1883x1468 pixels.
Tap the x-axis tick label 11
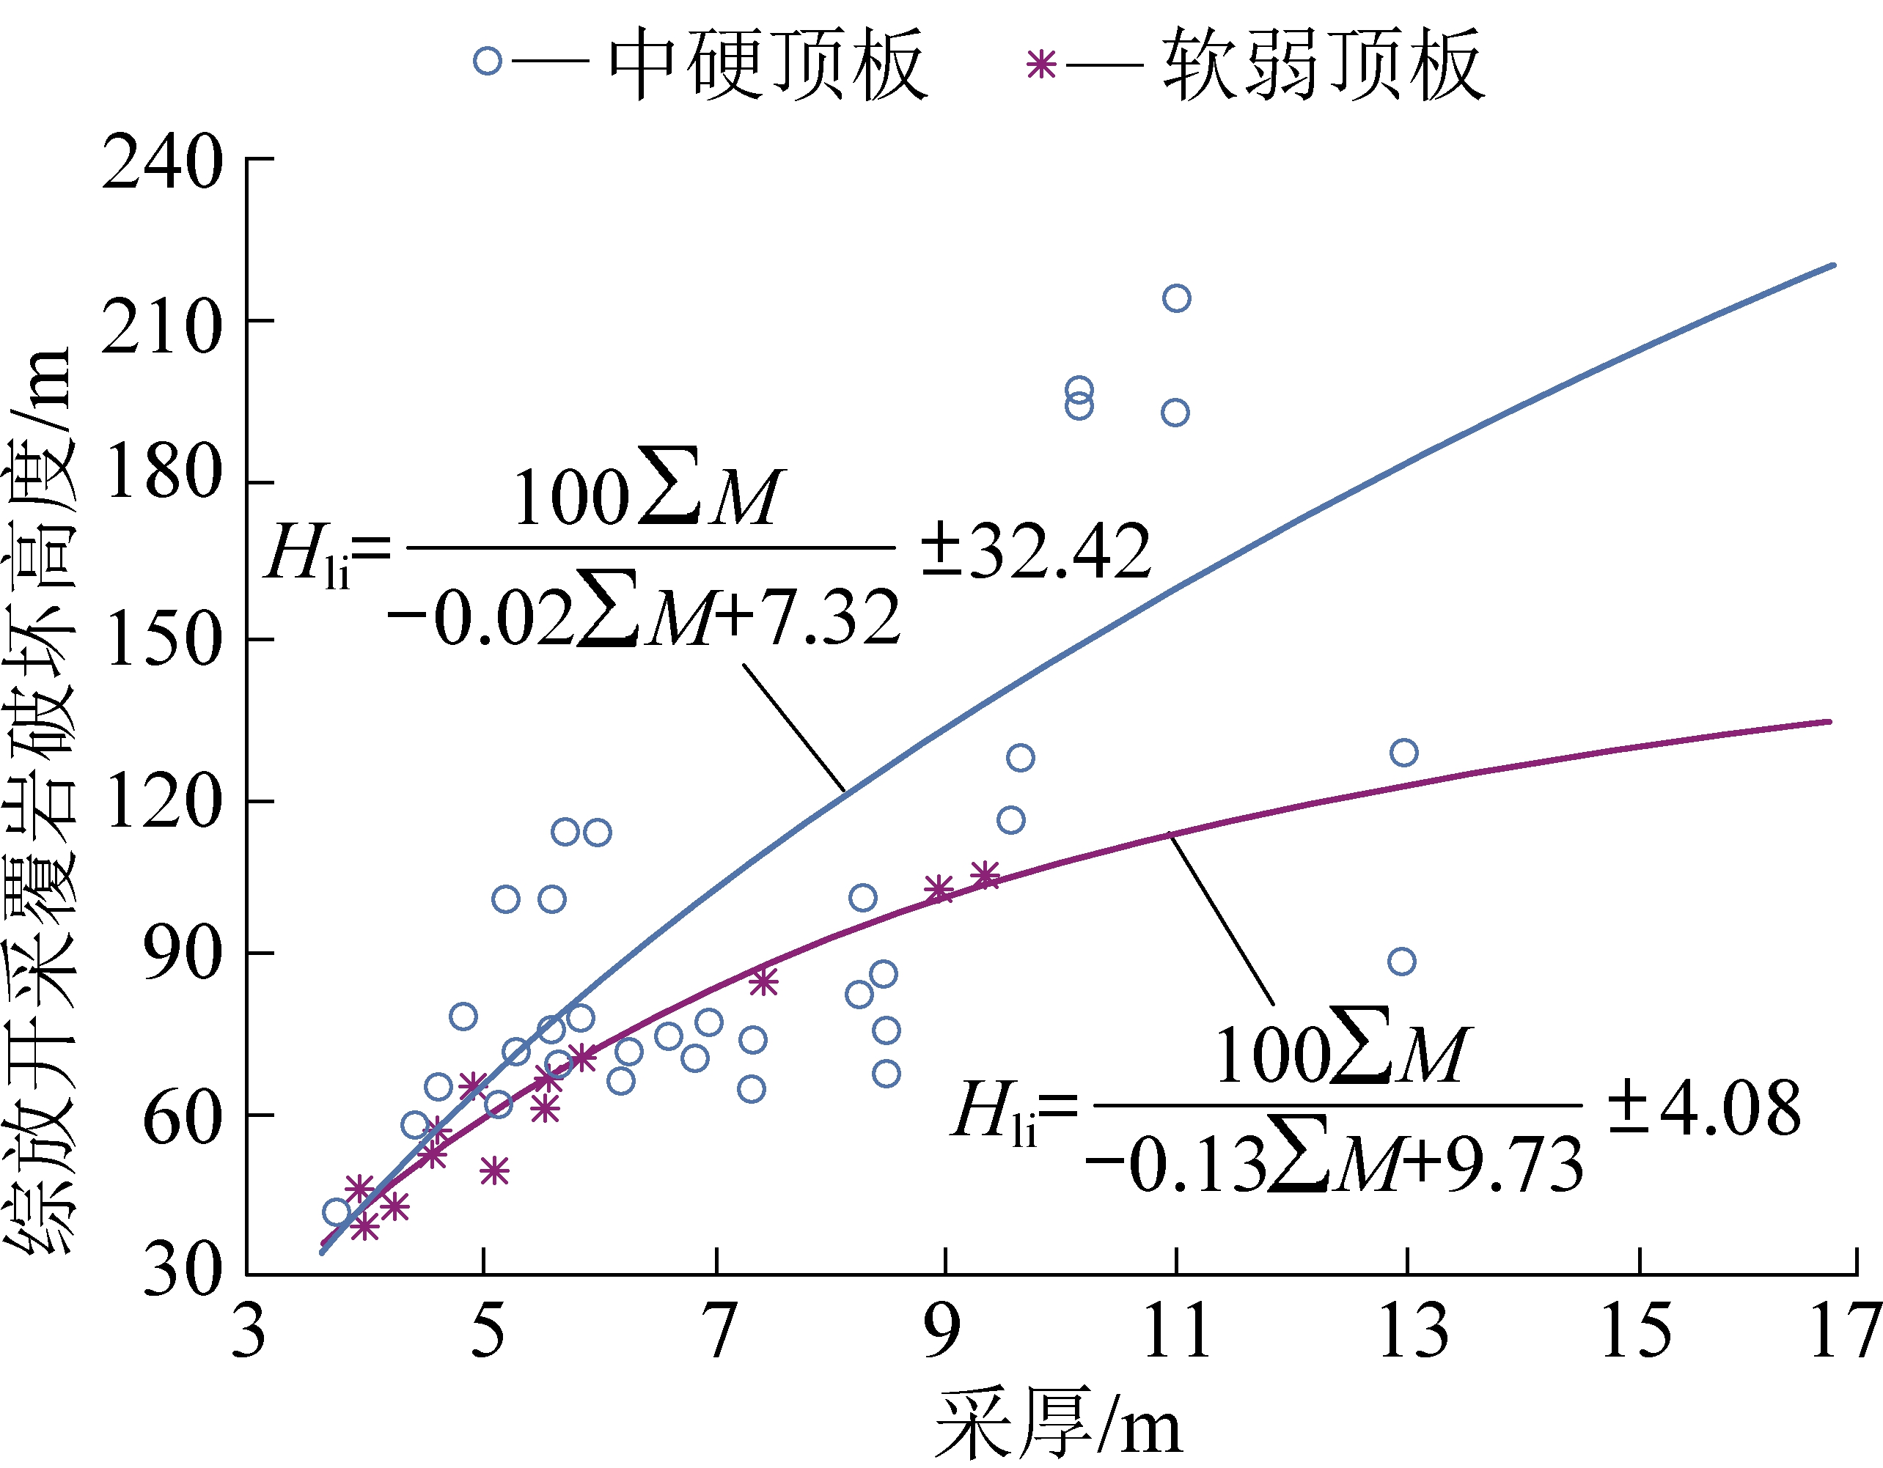(x=1176, y=1332)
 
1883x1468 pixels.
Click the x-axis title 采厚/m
(x=1058, y=1423)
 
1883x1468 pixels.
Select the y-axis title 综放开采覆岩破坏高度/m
(x=39, y=802)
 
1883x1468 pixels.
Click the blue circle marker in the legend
(x=487, y=62)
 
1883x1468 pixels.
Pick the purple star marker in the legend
(x=1041, y=64)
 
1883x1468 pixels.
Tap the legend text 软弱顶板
(x=1324, y=64)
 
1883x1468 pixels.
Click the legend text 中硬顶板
(x=767, y=64)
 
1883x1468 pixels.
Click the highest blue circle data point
(x=1176, y=298)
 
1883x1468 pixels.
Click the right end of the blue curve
(x=1833, y=265)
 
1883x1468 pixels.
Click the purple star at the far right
(x=985, y=876)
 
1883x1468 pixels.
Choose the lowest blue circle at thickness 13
(x=1402, y=961)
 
